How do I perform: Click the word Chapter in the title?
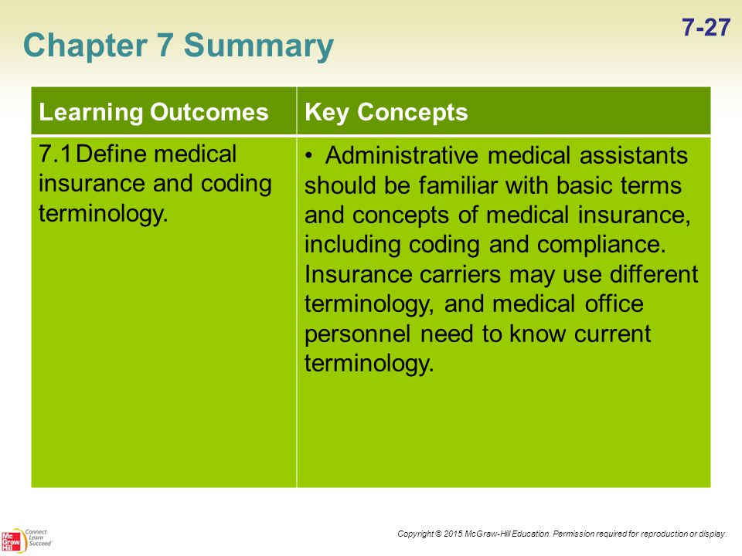pyautogui.click(x=85, y=46)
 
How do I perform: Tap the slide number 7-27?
pyautogui.click(x=706, y=28)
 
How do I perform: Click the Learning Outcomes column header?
pyautogui.click(x=154, y=113)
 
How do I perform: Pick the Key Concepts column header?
pyautogui.click(x=386, y=113)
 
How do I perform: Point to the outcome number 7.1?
pyautogui.click(x=55, y=154)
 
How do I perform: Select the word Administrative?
pyautogui.click(x=401, y=155)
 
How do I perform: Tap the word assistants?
pyautogui.click(x=634, y=155)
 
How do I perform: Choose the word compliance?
pyautogui.click(x=601, y=246)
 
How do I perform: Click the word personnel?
pyautogui.click(x=357, y=334)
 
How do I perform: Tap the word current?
pyautogui.click(x=613, y=334)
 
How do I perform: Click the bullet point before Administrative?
pyautogui.click(x=309, y=156)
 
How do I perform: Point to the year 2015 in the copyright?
pyautogui.click(x=453, y=534)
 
